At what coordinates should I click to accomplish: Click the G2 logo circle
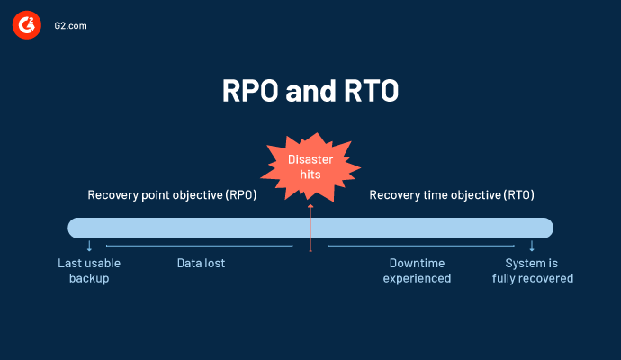pyautogui.click(x=27, y=26)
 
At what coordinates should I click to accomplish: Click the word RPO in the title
pyautogui.click(x=256, y=92)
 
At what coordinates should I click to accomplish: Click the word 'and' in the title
pyautogui.click(x=311, y=92)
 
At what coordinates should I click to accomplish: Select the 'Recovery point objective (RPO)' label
pyautogui.click(x=172, y=194)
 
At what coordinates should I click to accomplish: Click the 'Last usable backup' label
pyautogui.click(x=89, y=271)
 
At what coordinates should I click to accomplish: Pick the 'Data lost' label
pyautogui.click(x=201, y=264)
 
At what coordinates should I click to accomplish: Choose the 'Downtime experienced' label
pyautogui.click(x=417, y=271)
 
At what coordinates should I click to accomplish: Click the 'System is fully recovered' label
pyautogui.click(x=532, y=271)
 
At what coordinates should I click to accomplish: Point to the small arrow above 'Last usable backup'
pyautogui.click(x=89, y=246)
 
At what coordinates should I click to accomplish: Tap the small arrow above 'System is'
pyautogui.click(x=532, y=246)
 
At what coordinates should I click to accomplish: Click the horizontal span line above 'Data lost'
pyautogui.click(x=199, y=246)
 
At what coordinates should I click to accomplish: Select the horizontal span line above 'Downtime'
pyautogui.click(x=420, y=246)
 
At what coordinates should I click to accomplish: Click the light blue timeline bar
pyautogui.click(x=180, y=228)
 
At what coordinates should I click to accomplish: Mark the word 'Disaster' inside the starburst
pyautogui.click(x=310, y=159)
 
